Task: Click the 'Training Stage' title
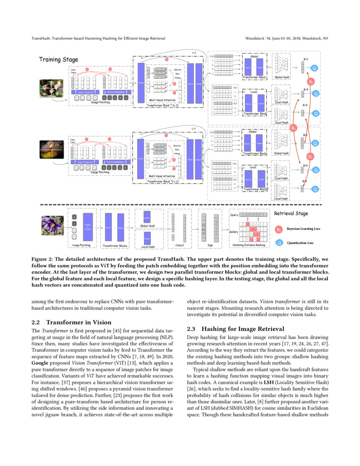(x=58, y=60)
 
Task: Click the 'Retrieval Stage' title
(x=291, y=214)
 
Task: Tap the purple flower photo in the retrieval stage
(x=52, y=225)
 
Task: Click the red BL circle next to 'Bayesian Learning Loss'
(x=278, y=229)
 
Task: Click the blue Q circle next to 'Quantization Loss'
(x=278, y=243)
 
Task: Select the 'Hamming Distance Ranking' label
(x=249, y=245)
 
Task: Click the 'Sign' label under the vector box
(x=210, y=245)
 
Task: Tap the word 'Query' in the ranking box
(x=234, y=215)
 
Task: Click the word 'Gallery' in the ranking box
(x=233, y=232)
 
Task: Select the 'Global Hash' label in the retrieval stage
(x=147, y=226)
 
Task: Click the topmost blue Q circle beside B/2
(x=314, y=68)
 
